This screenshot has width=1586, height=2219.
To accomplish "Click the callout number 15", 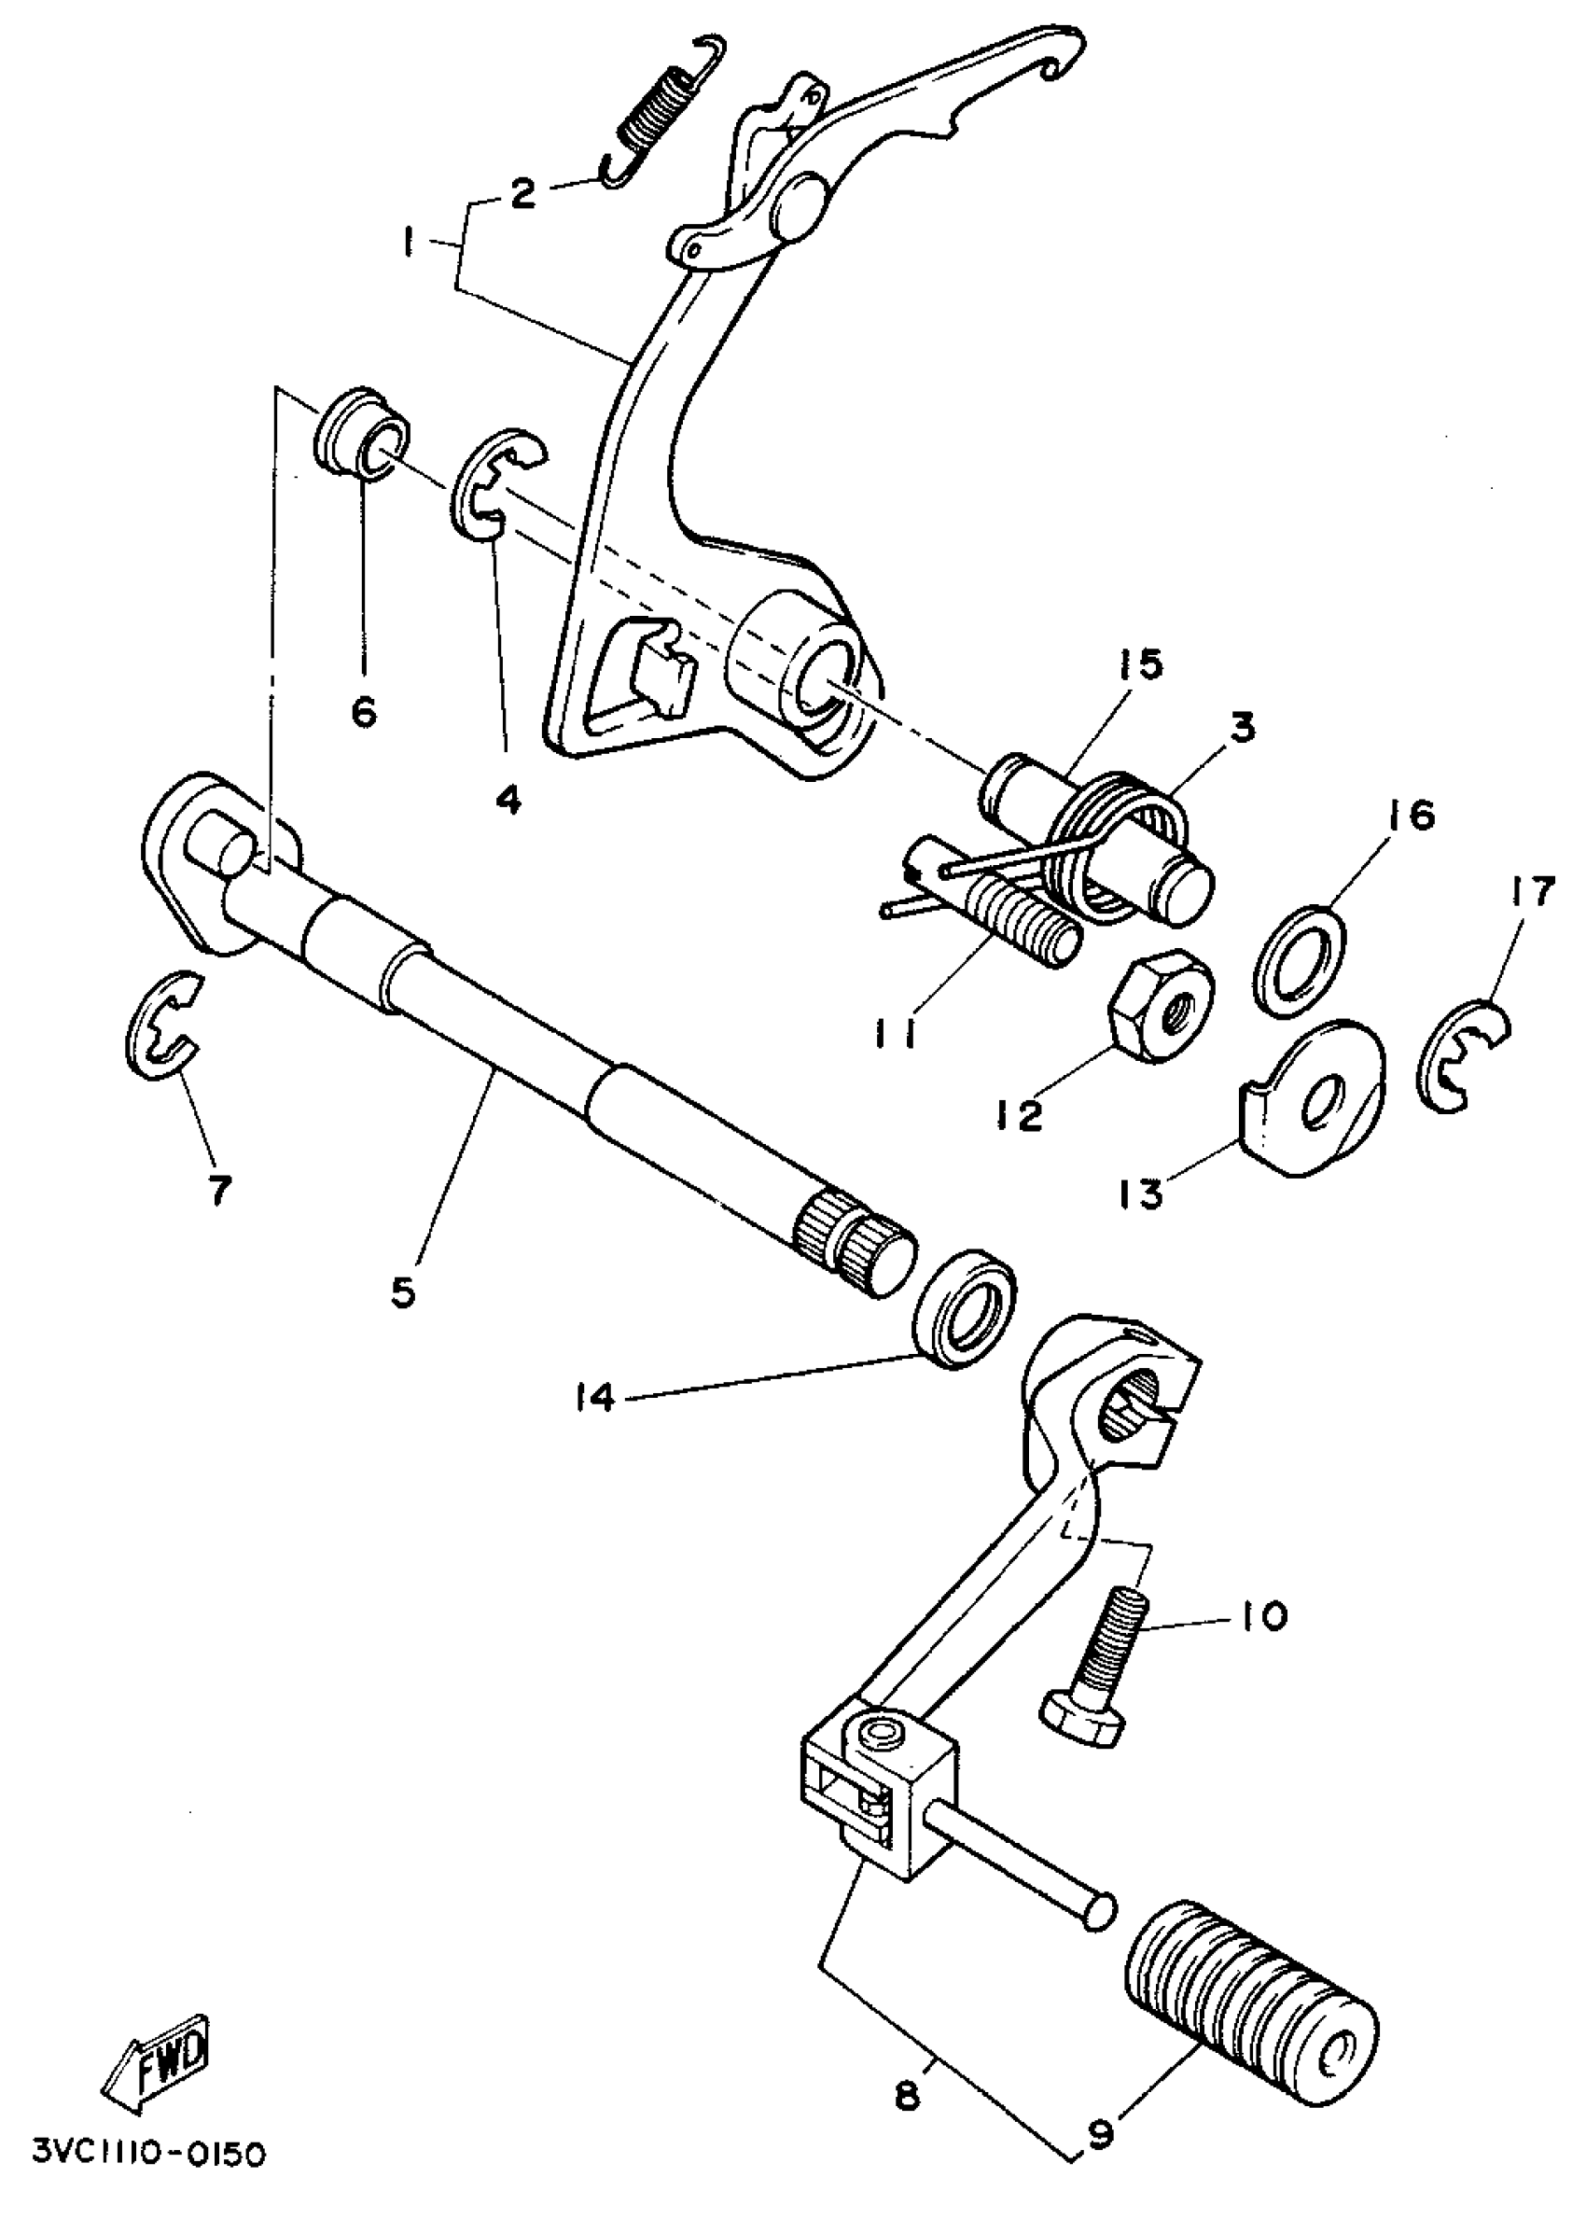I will pyautogui.click(x=1143, y=665).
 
